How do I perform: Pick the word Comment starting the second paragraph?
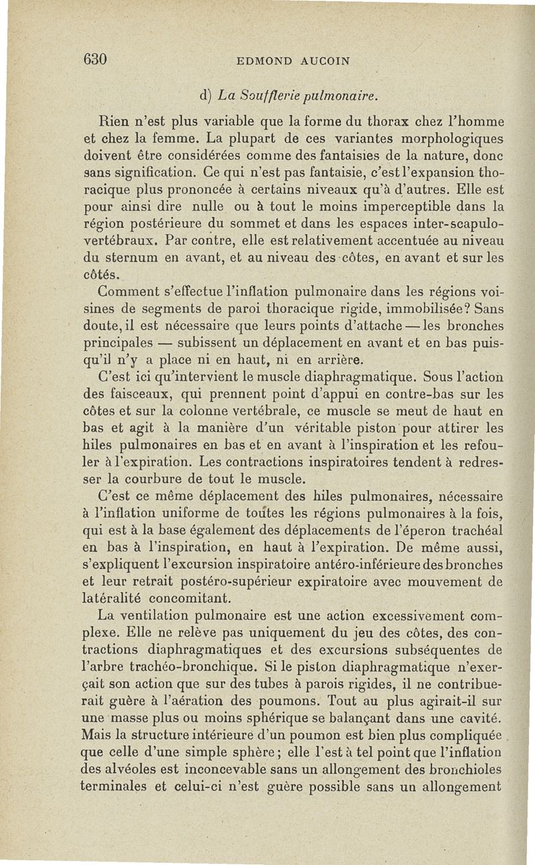pyautogui.click(x=130, y=292)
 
